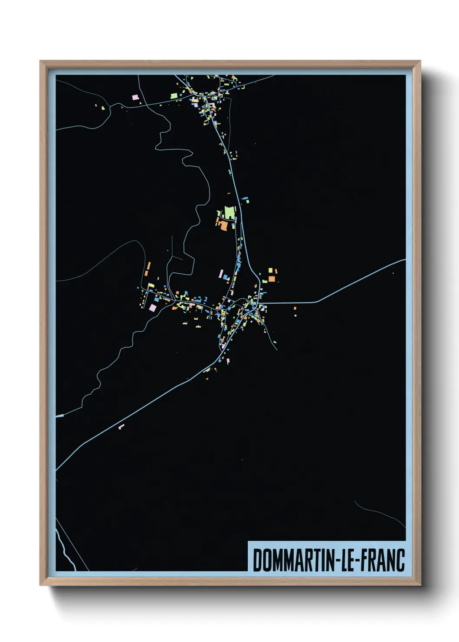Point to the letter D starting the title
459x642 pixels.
click(x=257, y=560)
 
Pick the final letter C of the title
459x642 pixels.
click(x=400, y=560)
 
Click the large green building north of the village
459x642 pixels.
click(x=229, y=213)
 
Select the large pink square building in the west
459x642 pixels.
click(x=153, y=307)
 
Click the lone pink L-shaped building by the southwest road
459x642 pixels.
click(x=121, y=427)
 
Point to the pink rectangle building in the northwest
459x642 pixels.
click(x=135, y=97)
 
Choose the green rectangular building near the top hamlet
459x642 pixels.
click(x=174, y=95)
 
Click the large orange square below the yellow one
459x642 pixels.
click(x=271, y=279)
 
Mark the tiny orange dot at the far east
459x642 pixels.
click(x=393, y=273)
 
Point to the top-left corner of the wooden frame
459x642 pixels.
click(x=41, y=62)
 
